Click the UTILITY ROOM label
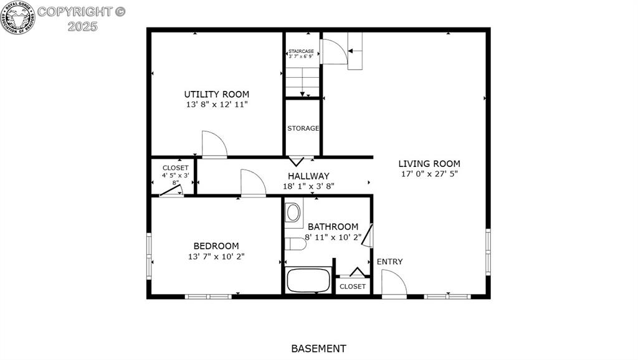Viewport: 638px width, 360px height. click(x=216, y=95)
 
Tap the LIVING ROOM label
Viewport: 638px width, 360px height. click(x=429, y=164)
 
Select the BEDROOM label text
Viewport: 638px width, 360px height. click(x=216, y=246)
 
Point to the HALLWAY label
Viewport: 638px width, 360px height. click(x=308, y=176)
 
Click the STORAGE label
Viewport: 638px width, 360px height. click(x=303, y=128)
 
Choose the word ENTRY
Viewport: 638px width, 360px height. click(x=389, y=262)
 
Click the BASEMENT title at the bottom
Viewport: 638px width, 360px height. click(x=318, y=349)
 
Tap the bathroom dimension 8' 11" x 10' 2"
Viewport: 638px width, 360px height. click(x=333, y=237)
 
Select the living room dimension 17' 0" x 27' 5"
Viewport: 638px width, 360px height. click(x=429, y=174)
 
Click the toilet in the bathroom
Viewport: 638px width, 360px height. click(x=293, y=212)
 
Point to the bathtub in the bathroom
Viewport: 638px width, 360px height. click(x=308, y=280)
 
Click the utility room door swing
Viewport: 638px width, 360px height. click(x=213, y=145)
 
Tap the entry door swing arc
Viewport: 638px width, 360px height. click(x=393, y=283)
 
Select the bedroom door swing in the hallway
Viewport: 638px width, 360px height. click(x=252, y=184)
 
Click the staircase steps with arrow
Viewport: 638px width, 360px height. click(x=302, y=82)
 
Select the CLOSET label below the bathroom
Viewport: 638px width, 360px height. click(x=353, y=287)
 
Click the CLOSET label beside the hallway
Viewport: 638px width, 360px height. click(x=175, y=168)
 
